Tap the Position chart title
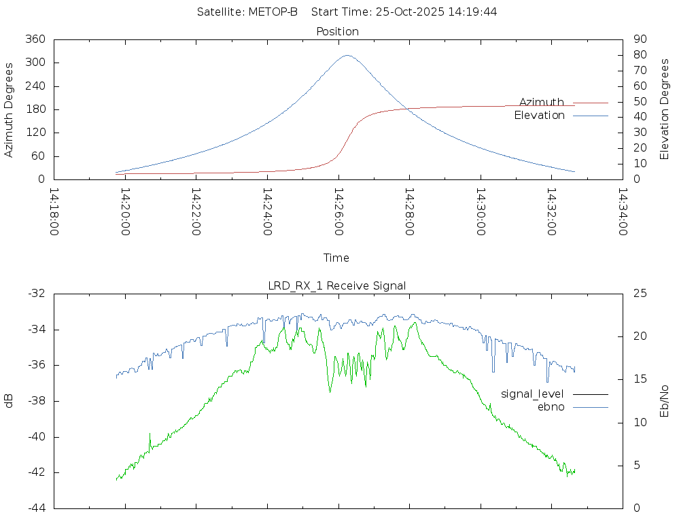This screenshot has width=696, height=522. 338,31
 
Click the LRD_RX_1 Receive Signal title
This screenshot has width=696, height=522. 337,285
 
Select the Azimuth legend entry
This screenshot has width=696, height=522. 542,102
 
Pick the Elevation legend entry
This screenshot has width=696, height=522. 539,116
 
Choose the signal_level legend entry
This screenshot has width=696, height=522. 532,394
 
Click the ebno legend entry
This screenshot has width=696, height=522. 551,406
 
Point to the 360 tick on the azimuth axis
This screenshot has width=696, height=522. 35,39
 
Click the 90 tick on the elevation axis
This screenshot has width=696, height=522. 639,39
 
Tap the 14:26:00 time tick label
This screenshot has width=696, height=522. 338,212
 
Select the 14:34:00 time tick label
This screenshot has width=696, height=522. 622,212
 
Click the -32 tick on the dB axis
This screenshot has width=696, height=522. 36,294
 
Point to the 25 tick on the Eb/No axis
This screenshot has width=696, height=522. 640,294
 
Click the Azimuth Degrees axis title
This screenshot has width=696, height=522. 10,109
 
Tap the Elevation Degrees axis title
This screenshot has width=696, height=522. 665,109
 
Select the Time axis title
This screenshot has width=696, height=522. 336,258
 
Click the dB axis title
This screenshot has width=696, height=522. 10,400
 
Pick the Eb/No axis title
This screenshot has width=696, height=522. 665,400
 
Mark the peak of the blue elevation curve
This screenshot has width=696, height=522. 347,56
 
